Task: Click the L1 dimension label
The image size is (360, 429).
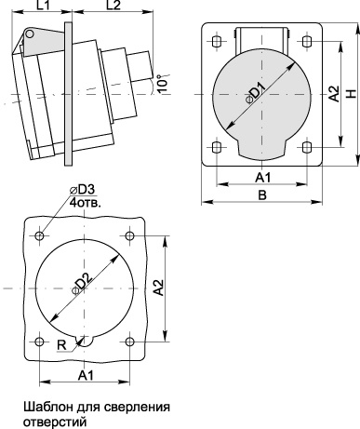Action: [x=44, y=5]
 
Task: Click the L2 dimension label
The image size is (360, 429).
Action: [x=113, y=5]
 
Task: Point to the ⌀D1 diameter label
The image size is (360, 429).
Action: [x=256, y=93]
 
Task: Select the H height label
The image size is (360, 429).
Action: [x=352, y=94]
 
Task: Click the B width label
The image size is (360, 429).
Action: [x=262, y=195]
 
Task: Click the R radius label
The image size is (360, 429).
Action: [x=61, y=345]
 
